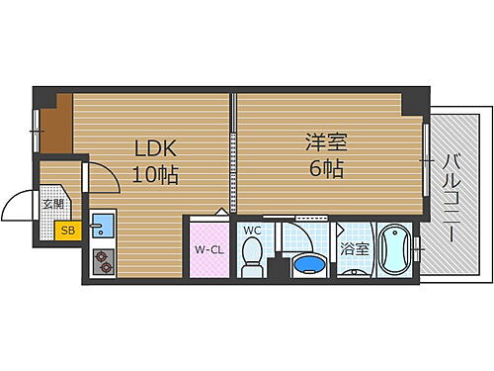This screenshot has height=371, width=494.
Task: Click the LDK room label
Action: tap(156, 149)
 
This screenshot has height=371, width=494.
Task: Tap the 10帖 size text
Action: tap(156, 176)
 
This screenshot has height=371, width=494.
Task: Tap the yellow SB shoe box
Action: tap(67, 231)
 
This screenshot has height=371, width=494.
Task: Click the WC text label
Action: tap(251, 231)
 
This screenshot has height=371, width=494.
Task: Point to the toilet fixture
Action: tap(252, 262)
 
